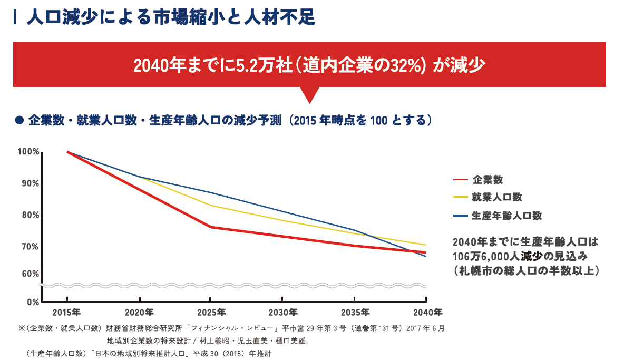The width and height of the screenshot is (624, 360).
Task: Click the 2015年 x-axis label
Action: tap(67, 312)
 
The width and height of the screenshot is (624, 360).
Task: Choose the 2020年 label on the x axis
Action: tap(139, 312)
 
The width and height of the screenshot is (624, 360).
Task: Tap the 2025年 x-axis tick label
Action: tap(210, 312)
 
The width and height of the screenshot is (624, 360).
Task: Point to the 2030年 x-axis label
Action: tap(282, 312)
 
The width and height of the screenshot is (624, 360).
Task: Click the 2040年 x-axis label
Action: tap(427, 312)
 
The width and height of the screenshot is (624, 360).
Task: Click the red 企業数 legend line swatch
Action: tap(460, 180)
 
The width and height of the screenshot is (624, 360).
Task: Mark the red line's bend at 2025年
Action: tap(210, 227)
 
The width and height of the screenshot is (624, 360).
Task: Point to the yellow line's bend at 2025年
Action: tap(210, 205)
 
